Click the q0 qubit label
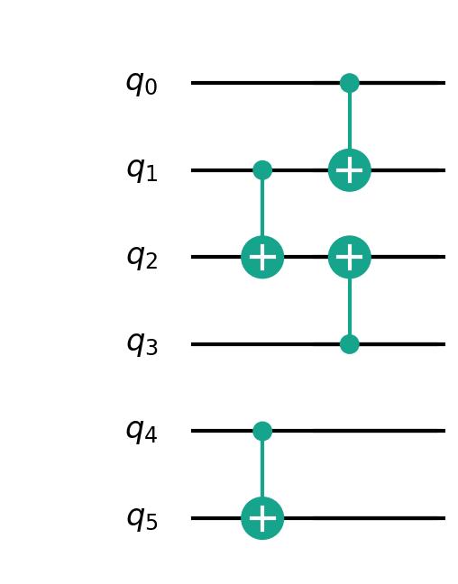pyautogui.click(x=142, y=84)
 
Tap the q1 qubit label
pyautogui.click(x=142, y=171)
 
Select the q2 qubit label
pyautogui.click(x=142, y=258)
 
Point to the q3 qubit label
pyautogui.click(x=142, y=345)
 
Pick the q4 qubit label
pyautogui.click(x=142, y=432)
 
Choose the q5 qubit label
pyautogui.click(x=142, y=519)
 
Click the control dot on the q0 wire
pyautogui.click(x=350, y=83)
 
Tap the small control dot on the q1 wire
pyautogui.click(x=262, y=170)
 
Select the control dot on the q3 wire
pyautogui.click(x=350, y=344)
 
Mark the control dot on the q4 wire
pyautogui.click(x=262, y=431)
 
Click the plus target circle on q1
pyautogui.click(x=350, y=170)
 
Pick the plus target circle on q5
pyautogui.click(x=262, y=518)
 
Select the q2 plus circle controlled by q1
pyautogui.click(x=262, y=257)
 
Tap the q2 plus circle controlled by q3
pyautogui.click(x=350, y=257)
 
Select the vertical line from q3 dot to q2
pyautogui.click(x=350, y=306)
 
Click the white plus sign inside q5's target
pyautogui.click(x=262, y=518)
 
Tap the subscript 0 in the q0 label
pyautogui.click(x=151, y=88)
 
